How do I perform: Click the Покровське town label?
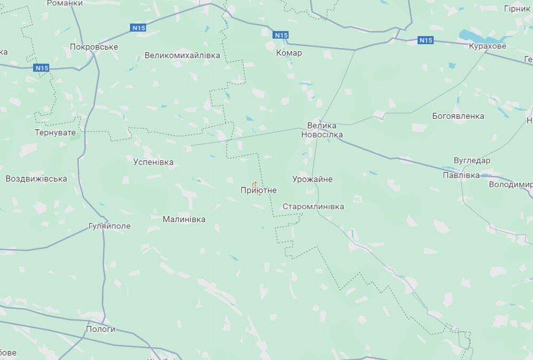tap(94, 47)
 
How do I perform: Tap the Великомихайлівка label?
tap(182, 55)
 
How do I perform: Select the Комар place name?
tap(289, 53)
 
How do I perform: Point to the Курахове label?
tap(487, 46)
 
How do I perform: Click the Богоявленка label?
tap(458, 116)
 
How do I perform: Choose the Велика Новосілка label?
tap(322, 130)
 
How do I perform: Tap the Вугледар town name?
tap(472, 160)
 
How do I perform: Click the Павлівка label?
tap(461, 175)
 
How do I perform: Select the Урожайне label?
tap(312, 179)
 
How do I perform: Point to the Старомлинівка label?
tap(313, 207)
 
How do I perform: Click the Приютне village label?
tap(259, 190)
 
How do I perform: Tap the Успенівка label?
tap(154, 162)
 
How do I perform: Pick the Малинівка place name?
tap(184, 219)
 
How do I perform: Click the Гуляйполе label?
tap(109, 226)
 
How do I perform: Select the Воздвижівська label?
tap(36, 179)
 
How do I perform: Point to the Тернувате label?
tap(55, 132)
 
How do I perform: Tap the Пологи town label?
tap(101, 329)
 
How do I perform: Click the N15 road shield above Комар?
tap(281, 35)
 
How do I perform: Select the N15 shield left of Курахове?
tap(425, 40)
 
